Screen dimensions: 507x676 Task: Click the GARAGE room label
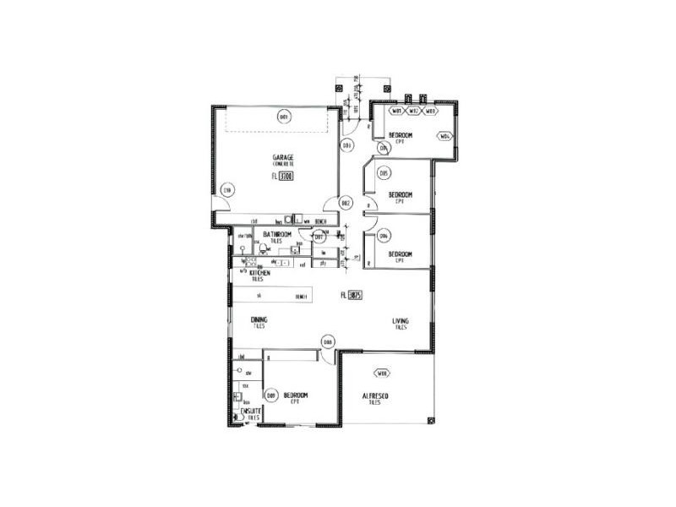[282, 158]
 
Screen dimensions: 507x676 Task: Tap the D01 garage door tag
[285, 117]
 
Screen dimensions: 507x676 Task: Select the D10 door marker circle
[226, 191]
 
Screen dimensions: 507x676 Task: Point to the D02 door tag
[346, 203]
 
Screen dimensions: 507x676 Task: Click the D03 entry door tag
[346, 145]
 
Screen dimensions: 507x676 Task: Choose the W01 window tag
[396, 111]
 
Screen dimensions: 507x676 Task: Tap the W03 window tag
[429, 111]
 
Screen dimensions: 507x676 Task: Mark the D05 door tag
[384, 173]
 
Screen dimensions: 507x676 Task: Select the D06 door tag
[384, 236]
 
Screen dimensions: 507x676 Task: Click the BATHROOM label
[277, 234]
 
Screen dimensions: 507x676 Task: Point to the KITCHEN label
[259, 274]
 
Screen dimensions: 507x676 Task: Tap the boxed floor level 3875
[355, 295]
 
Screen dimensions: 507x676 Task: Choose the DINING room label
[259, 319]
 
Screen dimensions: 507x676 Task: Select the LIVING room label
[401, 321]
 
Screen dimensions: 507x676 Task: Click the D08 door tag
[328, 342]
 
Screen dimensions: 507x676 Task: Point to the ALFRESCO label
[374, 395]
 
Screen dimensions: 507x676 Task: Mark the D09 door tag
[271, 395]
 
